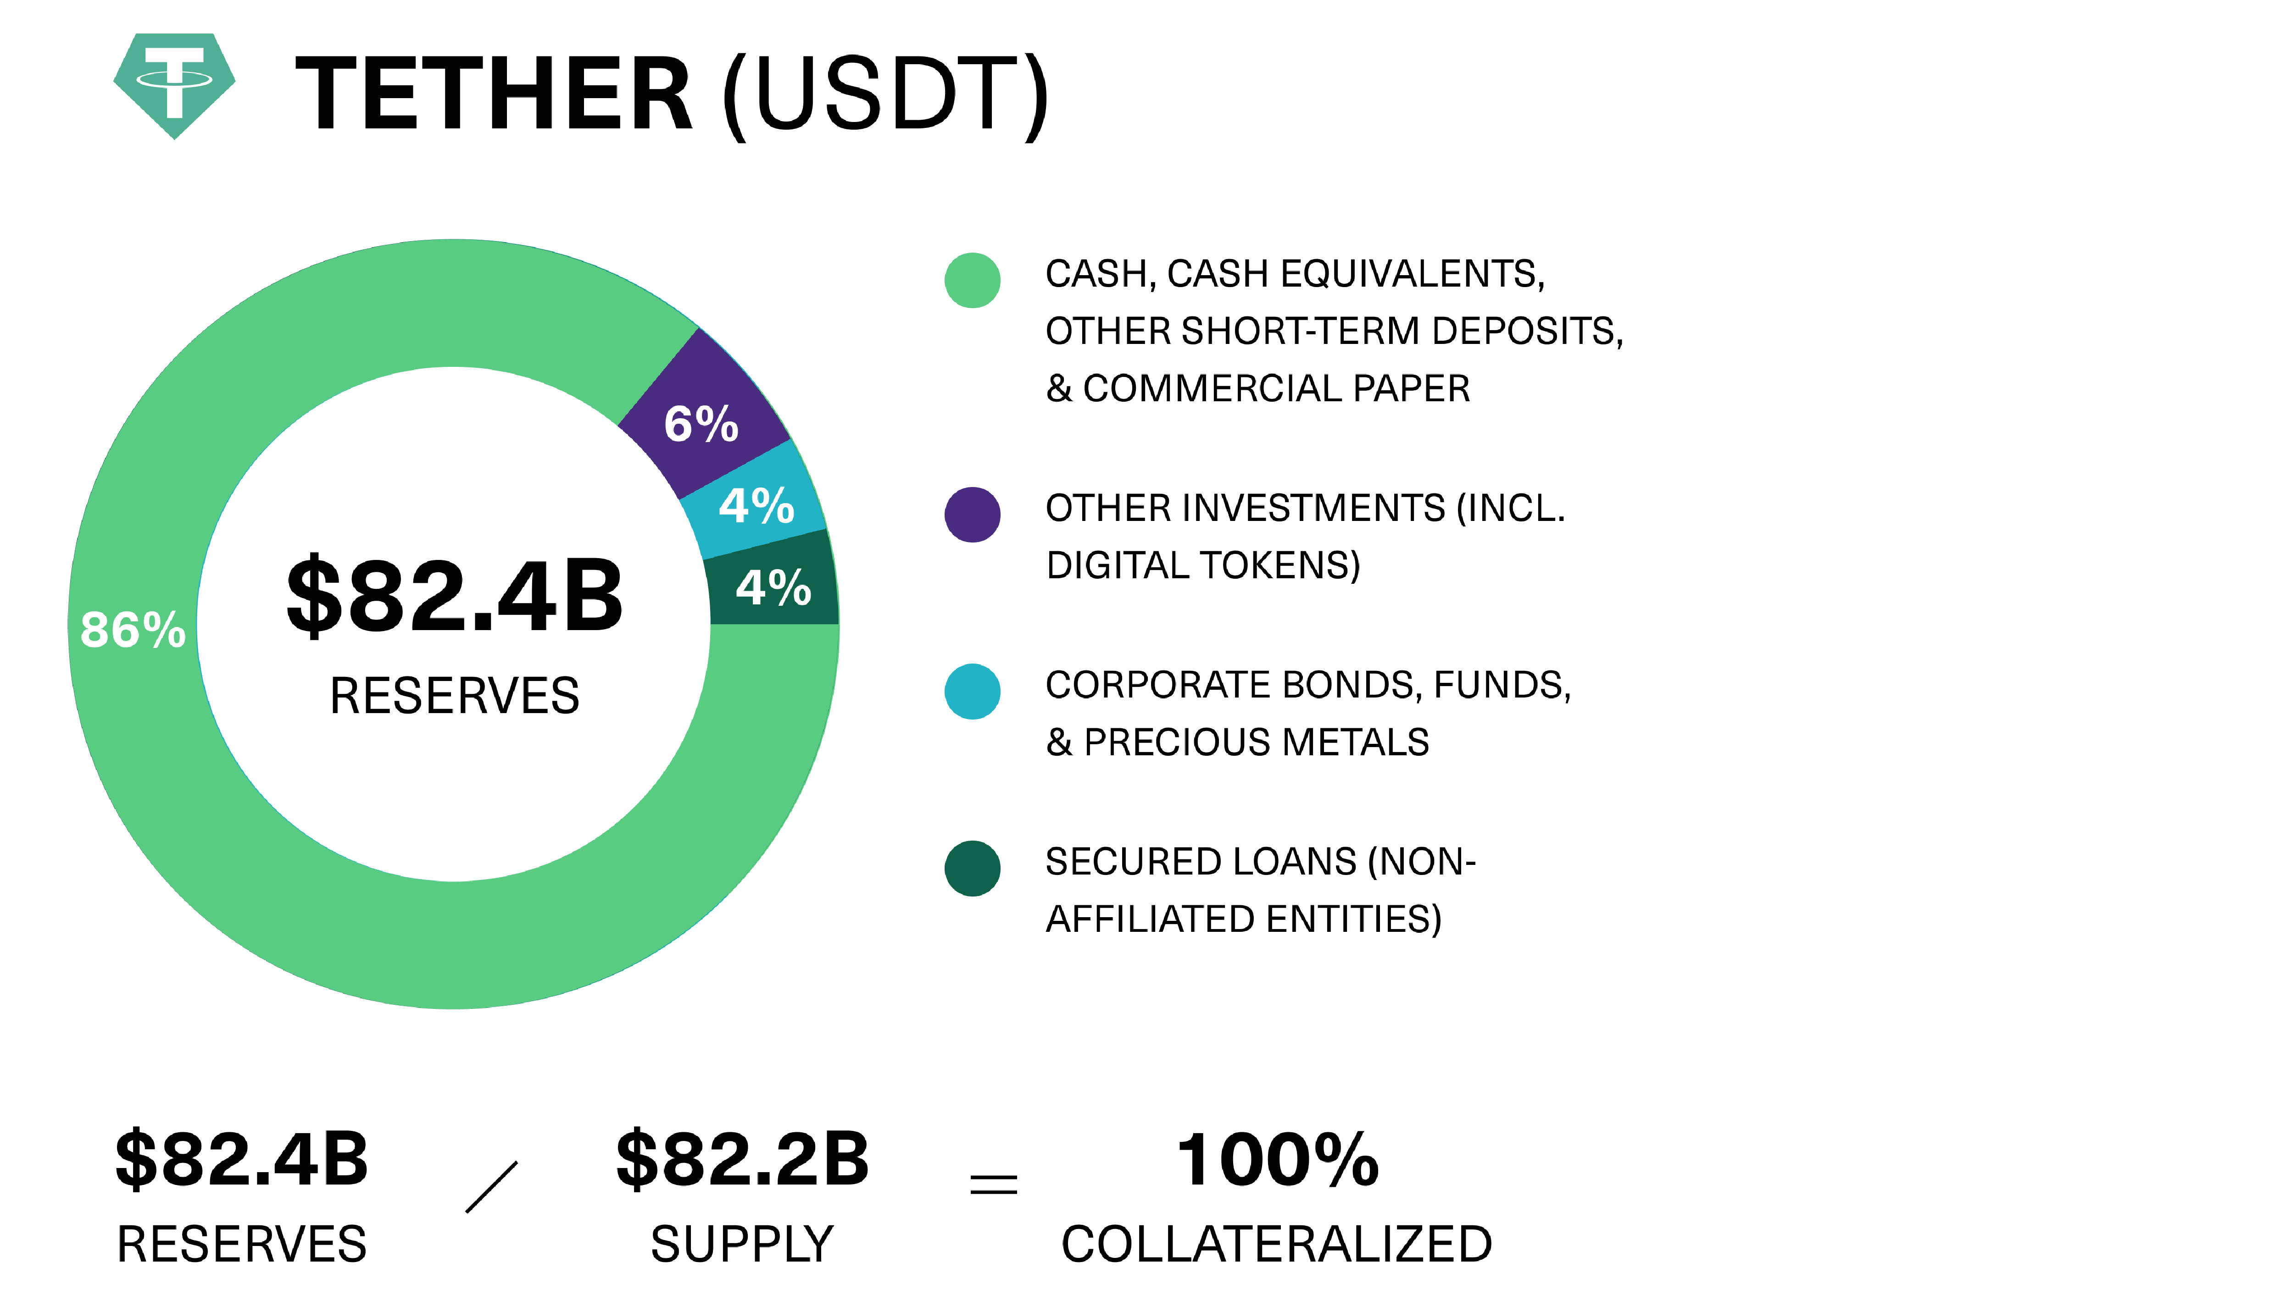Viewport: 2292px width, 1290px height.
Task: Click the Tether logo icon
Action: click(174, 85)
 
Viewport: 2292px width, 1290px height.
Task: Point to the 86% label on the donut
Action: click(133, 630)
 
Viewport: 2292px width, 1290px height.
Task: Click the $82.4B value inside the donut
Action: click(455, 595)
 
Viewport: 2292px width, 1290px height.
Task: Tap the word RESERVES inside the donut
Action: click(455, 696)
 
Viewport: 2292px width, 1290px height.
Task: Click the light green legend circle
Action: click(973, 280)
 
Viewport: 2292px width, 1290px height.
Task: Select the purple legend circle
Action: click(973, 514)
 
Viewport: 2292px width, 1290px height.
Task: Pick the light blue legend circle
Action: click(973, 691)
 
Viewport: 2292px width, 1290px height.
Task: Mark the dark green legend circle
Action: click(973, 868)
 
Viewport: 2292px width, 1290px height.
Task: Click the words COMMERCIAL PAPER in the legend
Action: click(1276, 389)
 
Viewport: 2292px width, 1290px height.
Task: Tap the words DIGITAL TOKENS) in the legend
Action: click(1203, 566)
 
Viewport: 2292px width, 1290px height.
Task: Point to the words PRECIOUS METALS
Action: click(1256, 742)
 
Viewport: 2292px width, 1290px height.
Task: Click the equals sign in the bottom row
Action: click(993, 1183)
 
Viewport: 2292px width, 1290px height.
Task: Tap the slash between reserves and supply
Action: click(491, 1187)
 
